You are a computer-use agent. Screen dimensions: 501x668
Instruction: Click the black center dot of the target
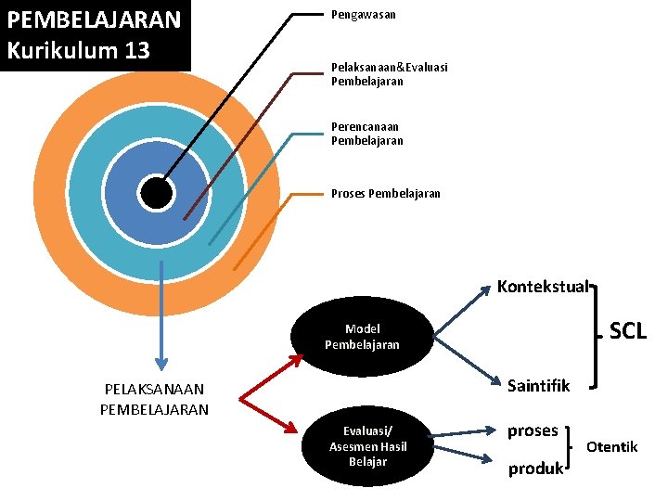[156, 193]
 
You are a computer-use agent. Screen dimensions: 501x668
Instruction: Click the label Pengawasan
[364, 15]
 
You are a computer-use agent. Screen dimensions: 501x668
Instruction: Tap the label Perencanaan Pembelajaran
[366, 134]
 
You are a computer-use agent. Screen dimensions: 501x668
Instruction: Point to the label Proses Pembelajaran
[386, 194]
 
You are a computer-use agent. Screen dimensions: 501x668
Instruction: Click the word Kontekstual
[543, 287]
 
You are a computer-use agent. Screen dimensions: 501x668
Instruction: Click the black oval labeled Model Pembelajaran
[362, 337]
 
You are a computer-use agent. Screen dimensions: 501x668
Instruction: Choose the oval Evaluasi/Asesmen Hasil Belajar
[367, 447]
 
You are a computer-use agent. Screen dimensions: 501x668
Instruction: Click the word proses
[533, 430]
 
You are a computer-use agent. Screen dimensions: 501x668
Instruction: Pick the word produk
[535, 469]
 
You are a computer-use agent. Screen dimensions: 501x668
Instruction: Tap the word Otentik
[611, 447]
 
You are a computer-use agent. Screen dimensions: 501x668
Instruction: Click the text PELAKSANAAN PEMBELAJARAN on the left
[155, 399]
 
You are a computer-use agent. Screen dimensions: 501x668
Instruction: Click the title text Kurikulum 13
[78, 50]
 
